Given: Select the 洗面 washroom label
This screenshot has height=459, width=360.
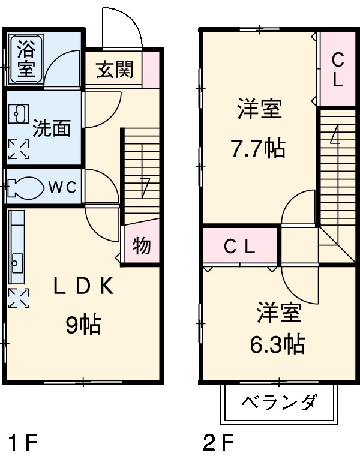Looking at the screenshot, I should pyautogui.click(x=51, y=128).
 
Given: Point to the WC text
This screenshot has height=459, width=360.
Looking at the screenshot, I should pyautogui.click(x=62, y=187).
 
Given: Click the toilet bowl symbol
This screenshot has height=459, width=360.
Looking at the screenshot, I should pyautogui.click(x=26, y=187).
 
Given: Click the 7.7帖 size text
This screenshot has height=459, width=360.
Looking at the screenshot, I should pyautogui.click(x=259, y=148).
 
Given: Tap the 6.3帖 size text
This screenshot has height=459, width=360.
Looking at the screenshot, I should pyautogui.click(x=278, y=344).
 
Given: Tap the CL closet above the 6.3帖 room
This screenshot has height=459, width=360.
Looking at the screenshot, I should pyautogui.click(x=240, y=245).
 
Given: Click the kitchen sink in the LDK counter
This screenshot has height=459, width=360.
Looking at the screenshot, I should pyautogui.click(x=17, y=262).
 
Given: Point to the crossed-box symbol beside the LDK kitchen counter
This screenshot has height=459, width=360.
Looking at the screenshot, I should pyautogui.click(x=17, y=298).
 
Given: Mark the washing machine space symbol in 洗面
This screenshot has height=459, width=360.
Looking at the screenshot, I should pyautogui.click(x=17, y=149).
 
